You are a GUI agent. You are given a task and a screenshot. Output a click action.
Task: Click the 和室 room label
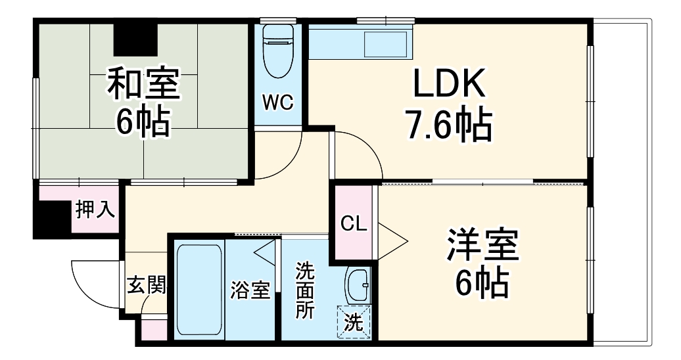click(x=143, y=83)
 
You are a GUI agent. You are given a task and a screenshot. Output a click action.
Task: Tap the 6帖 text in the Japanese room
click(x=143, y=122)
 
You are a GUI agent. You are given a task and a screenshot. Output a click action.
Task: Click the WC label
click(x=279, y=102)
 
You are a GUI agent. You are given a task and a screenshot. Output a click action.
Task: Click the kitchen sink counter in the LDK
click(x=360, y=43)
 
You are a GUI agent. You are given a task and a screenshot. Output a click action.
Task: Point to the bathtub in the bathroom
click(x=199, y=289)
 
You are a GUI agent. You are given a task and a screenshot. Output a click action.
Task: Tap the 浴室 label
click(x=251, y=290)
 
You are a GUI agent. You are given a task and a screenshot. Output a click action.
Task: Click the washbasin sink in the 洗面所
click(x=358, y=285)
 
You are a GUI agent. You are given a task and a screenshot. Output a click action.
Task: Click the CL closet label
click(x=354, y=223)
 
